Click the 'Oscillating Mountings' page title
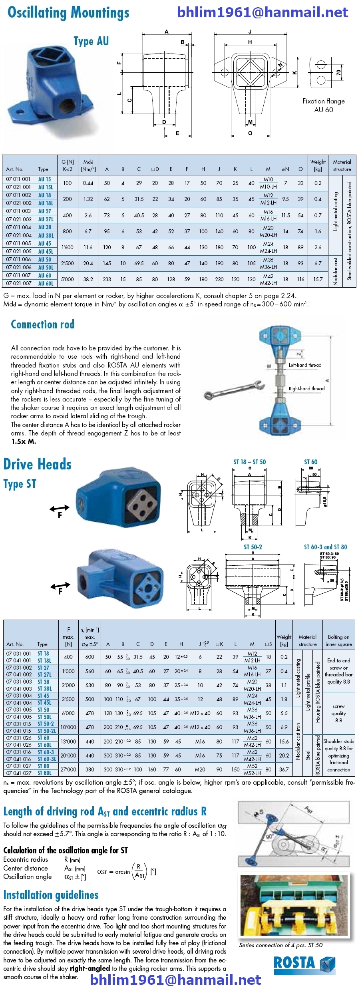coord(68,13)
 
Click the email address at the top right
coord(262,12)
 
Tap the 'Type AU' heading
coord(91,41)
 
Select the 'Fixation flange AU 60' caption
coord(323,105)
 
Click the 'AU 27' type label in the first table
coord(44,211)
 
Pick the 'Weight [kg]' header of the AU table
coord(318,165)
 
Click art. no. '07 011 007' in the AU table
coord(18,276)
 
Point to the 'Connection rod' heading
coord(42,324)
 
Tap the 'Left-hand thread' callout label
coord(305,365)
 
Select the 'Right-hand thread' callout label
coord(306,388)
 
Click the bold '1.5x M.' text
coord(24,441)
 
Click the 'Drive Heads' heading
coord(37,464)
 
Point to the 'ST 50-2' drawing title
coord(253,547)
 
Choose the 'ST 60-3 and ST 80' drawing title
coord(325,547)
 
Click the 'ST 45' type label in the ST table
coord(44,696)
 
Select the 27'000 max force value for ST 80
coord(68,769)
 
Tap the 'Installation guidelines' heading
coord(51,895)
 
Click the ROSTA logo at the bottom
coord(304,963)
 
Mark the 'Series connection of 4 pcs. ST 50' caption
coord(280,945)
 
